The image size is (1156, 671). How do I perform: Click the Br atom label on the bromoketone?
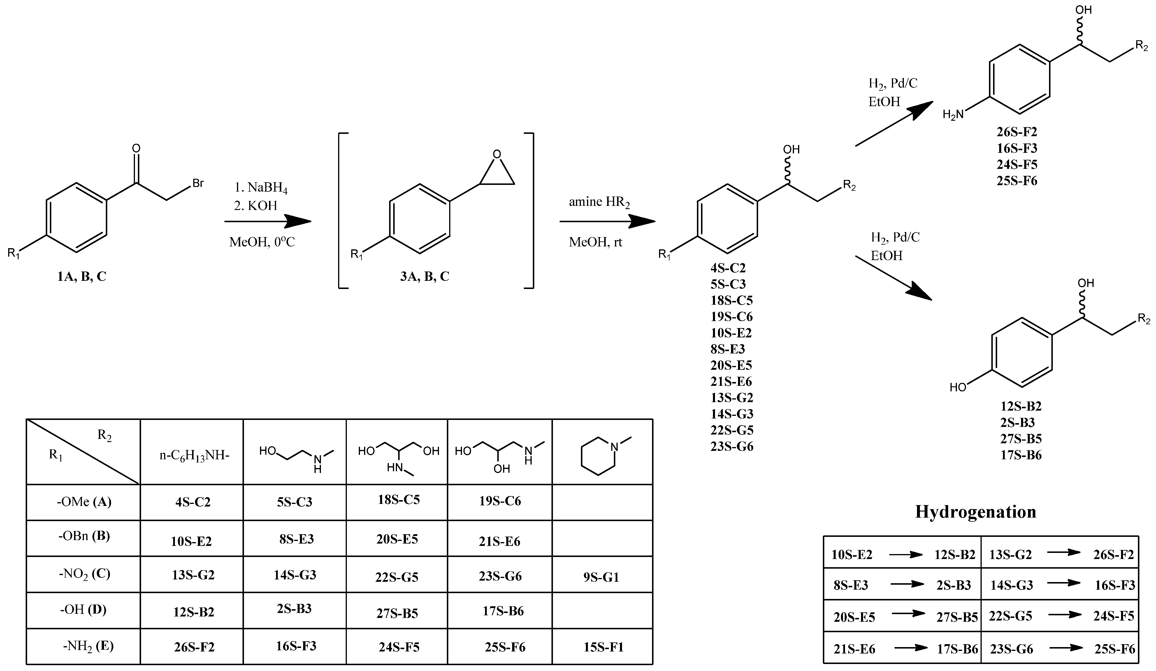click(x=198, y=183)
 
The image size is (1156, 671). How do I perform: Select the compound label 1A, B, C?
click(x=82, y=276)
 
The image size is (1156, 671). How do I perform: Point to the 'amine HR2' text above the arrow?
click(x=599, y=202)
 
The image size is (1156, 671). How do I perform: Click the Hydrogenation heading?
click(x=975, y=511)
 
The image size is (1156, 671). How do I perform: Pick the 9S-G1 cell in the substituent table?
click(x=601, y=577)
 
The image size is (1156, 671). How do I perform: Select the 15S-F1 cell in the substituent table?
click(x=603, y=647)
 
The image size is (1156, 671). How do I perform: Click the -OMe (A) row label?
click(x=84, y=502)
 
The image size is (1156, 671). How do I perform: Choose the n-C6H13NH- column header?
click(x=194, y=456)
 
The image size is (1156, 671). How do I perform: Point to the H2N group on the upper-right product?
click(x=953, y=114)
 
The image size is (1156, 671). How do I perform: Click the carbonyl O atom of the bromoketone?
click(x=136, y=148)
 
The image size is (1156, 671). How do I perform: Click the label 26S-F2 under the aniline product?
click(x=1017, y=132)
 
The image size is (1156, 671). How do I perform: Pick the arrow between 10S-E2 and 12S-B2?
click(x=906, y=554)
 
